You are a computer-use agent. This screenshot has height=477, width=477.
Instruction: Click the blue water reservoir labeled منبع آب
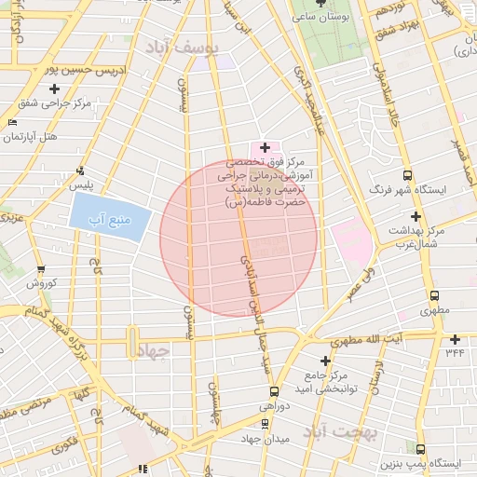[x=108, y=220]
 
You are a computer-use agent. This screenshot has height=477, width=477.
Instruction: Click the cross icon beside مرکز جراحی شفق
[x=55, y=89]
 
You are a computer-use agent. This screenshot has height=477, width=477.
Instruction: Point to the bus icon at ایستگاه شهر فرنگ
[x=407, y=175]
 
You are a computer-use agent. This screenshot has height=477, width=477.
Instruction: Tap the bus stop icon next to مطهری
[x=431, y=290]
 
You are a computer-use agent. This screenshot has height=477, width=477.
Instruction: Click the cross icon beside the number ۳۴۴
[x=455, y=338]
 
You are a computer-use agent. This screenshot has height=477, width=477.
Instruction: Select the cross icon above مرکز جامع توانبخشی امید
[x=325, y=361]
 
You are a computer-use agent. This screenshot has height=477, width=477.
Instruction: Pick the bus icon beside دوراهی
[x=273, y=392]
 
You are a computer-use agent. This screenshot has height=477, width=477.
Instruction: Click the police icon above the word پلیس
[x=82, y=171]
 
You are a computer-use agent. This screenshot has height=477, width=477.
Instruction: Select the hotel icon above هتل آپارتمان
[x=11, y=123]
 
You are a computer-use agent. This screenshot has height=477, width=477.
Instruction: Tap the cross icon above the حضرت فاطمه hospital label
[x=265, y=147]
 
